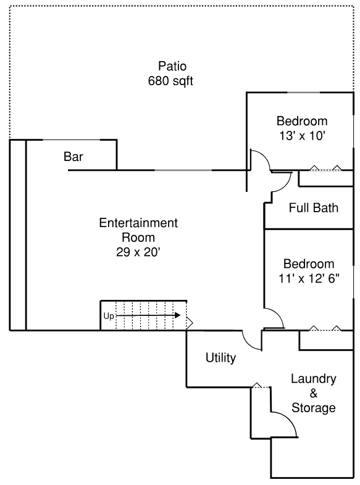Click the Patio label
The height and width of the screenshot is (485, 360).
click(x=172, y=66)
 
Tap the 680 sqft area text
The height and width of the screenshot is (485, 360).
click(x=171, y=81)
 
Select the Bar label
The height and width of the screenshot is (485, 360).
click(x=73, y=157)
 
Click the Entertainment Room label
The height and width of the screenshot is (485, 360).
click(x=138, y=230)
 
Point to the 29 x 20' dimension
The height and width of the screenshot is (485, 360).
click(x=138, y=251)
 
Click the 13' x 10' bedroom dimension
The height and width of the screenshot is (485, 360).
click(x=302, y=135)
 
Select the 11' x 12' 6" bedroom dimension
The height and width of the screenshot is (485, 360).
click(x=307, y=278)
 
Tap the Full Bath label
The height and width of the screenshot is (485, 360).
click(x=314, y=207)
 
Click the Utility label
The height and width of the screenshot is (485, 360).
click(x=220, y=358)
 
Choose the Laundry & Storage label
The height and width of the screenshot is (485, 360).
click(x=314, y=393)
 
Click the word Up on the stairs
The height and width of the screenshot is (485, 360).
click(x=109, y=316)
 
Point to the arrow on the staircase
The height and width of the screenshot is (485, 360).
click(x=148, y=315)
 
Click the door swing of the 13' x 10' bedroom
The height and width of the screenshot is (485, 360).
click(x=259, y=160)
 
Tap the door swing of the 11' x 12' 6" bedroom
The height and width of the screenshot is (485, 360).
click(x=274, y=317)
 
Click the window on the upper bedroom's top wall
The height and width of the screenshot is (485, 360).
click(x=304, y=93)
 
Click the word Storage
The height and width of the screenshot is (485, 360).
click(x=314, y=408)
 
